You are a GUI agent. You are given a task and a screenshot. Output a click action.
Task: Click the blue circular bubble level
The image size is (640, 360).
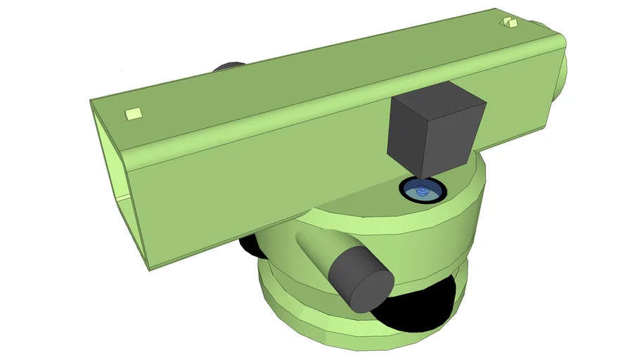[x=421, y=190]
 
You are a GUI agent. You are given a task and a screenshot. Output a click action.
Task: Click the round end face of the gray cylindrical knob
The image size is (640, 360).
[x=370, y=283]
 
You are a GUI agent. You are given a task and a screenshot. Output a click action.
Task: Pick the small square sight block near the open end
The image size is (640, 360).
[x=133, y=113]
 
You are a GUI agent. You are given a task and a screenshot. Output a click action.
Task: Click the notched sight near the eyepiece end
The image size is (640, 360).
[x=508, y=23]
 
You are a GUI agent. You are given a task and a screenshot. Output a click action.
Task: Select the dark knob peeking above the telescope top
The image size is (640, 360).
[x=229, y=66]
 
